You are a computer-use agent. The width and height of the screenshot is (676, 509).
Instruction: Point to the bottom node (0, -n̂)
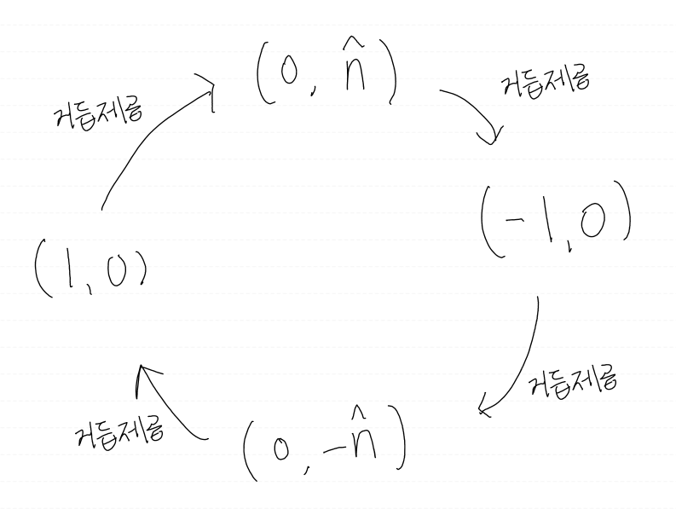[324, 447]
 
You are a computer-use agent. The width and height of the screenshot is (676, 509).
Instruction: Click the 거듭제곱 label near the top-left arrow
[97, 111]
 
